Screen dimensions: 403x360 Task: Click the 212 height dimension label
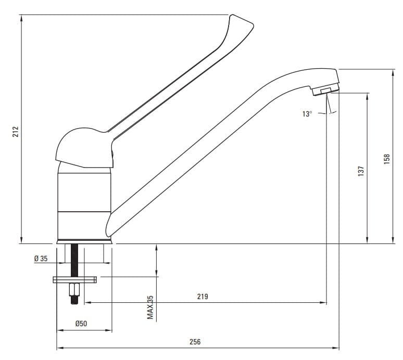tap(16, 131)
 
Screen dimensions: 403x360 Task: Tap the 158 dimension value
tap(386, 159)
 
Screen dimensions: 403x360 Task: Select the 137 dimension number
tap(361, 171)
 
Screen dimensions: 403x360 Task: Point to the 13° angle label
tap(307, 114)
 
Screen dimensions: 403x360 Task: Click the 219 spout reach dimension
tap(203, 297)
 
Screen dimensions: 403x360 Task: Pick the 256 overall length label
tap(195, 342)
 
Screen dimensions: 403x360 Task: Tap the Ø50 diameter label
tap(81, 324)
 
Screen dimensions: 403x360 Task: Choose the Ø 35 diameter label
tap(41, 259)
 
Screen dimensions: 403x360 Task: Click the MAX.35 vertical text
tap(150, 307)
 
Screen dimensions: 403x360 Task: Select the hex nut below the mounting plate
tap(74, 290)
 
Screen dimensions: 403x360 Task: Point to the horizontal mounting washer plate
tap(74, 280)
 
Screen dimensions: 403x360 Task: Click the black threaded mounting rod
tap(74, 260)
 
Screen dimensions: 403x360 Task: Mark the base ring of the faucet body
tap(84, 241)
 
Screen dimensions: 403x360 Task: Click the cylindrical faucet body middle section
tap(84, 192)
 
